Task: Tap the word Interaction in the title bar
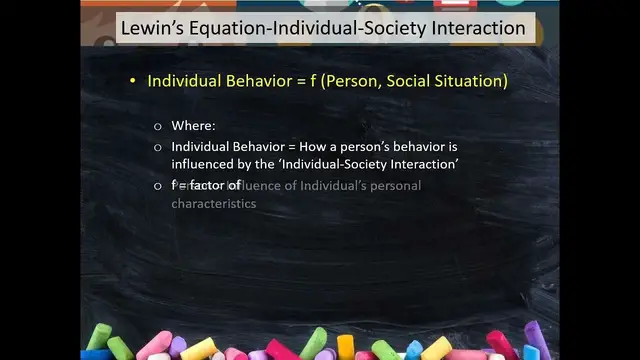pyautogui.click(x=469, y=28)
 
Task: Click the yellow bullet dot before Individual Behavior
pyautogui.click(x=132, y=80)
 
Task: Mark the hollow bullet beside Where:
pyautogui.click(x=157, y=127)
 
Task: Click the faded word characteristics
pyautogui.click(x=213, y=204)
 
